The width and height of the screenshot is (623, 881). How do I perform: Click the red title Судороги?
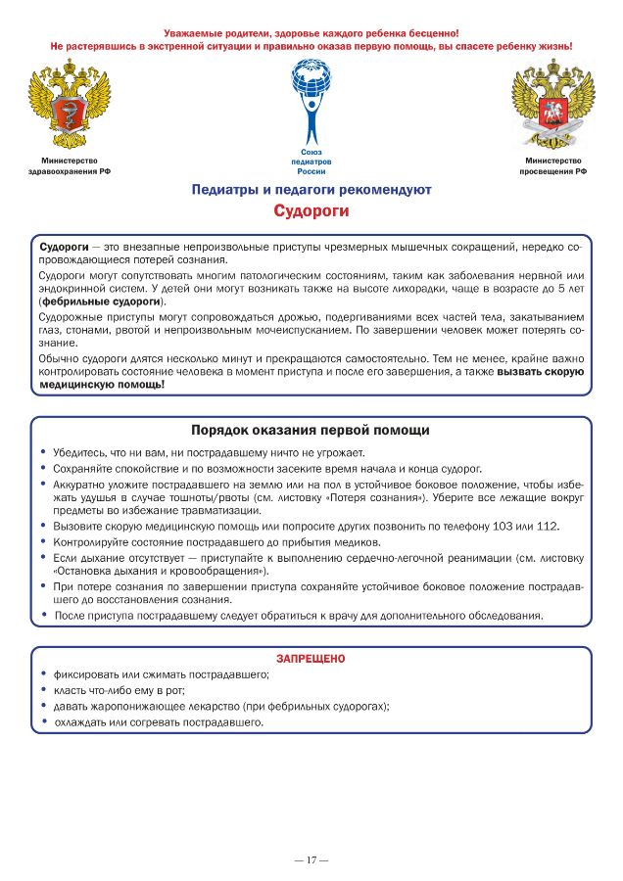pos(311,210)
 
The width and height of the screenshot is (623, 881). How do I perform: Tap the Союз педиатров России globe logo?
pos(311,99)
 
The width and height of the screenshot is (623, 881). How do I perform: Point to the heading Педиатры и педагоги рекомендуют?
pos(311,189)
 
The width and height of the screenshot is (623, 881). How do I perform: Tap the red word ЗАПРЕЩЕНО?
pos(311,659)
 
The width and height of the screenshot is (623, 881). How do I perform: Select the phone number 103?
pos(506,526)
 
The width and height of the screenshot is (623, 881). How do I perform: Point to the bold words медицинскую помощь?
pos(101,385)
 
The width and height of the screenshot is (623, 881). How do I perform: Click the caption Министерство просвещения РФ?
pos(552,165)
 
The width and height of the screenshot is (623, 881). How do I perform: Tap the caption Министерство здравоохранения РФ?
pos(69,165)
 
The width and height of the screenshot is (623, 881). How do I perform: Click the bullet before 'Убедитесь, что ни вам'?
pos(44,452)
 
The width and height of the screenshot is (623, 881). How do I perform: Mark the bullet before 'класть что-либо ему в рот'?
pos(44,690)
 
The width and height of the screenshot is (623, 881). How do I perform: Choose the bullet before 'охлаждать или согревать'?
pos(44,722)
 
